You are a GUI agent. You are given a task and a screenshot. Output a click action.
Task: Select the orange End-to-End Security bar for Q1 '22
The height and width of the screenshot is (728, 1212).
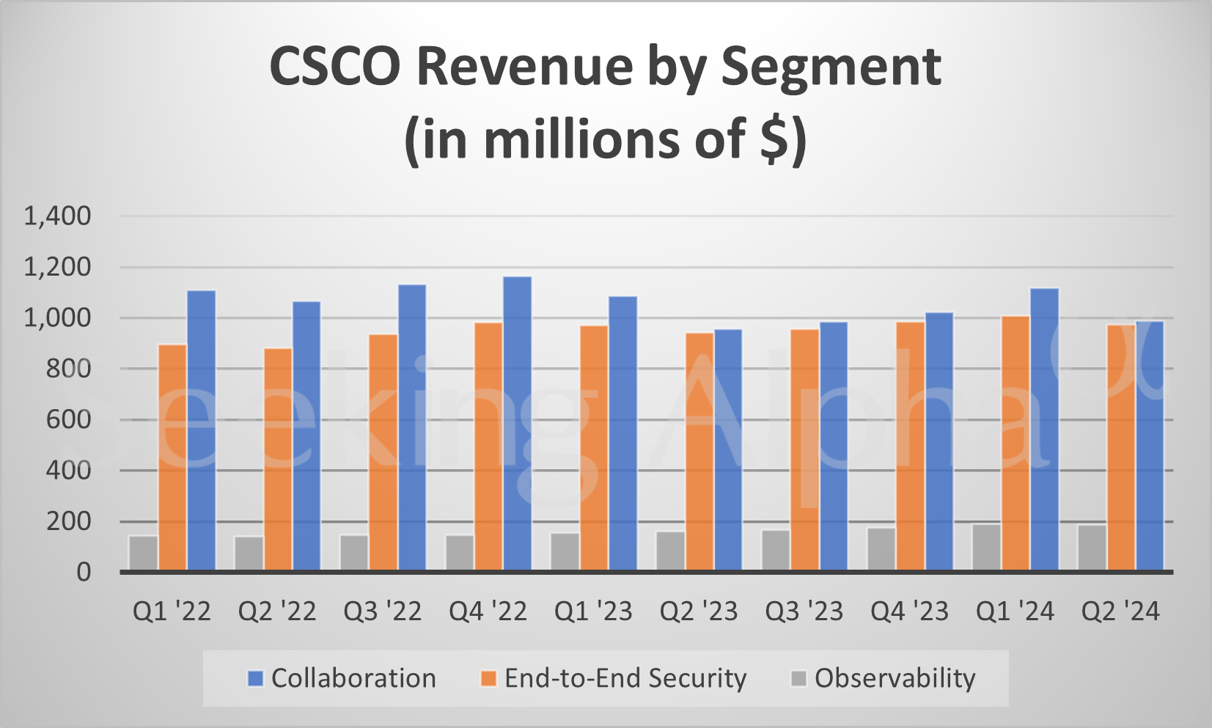(172, 457)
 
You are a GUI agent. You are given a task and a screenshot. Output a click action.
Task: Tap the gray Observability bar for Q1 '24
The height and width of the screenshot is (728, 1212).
(986, 547)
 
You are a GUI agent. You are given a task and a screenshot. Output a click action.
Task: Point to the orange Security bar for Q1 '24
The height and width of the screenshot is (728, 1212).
(1015, 443)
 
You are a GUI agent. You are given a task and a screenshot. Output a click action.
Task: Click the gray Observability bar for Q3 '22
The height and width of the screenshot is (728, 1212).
(354, 553)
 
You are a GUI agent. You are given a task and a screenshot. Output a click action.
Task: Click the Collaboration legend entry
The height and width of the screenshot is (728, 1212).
(342, 678)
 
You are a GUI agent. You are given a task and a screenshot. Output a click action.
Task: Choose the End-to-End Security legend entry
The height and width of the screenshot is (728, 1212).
(613, 678)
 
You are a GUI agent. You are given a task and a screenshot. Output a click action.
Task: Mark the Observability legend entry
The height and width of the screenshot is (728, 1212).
(884, 678)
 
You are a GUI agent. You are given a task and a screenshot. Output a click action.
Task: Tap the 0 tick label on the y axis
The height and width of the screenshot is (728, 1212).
(84, 573)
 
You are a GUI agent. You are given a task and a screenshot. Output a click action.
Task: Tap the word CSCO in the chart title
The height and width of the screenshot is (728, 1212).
(335, 67)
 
